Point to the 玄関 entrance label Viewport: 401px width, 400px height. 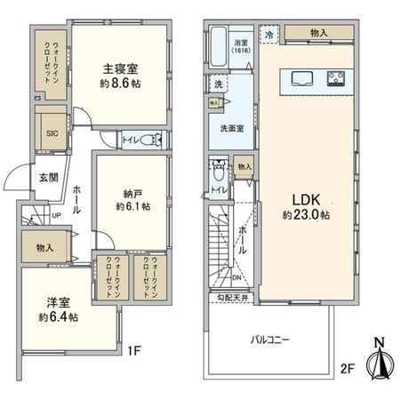pyautogui.click(x=48, y=177)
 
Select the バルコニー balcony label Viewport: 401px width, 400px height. pyautogui.click(x=269, y=338)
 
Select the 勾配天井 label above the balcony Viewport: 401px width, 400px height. pyautogui.click(x=229, y=299)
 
